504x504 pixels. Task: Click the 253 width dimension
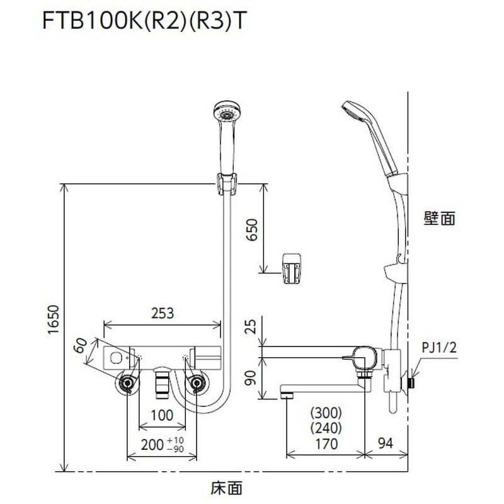click(x=163, y=313)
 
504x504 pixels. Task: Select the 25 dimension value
click(x=251, y=327)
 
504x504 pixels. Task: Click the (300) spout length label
click(x=325, y=413)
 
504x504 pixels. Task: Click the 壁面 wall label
click(x=439, y=219)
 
